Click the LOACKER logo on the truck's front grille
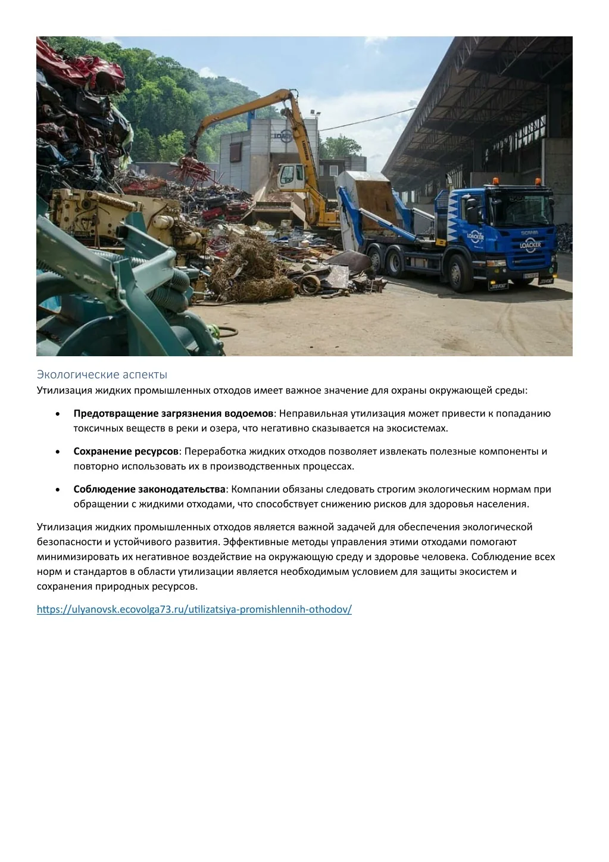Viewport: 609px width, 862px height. [529, 244]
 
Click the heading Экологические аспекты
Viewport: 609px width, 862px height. [102, 374]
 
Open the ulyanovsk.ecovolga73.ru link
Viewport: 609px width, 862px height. [194, 609]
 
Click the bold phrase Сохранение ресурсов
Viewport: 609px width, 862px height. [126, 451]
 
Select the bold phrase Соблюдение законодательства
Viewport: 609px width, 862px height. [149, 489]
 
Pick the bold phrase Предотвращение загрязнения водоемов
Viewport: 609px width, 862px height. [173, 413]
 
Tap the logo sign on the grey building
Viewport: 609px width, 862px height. [283, 136]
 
